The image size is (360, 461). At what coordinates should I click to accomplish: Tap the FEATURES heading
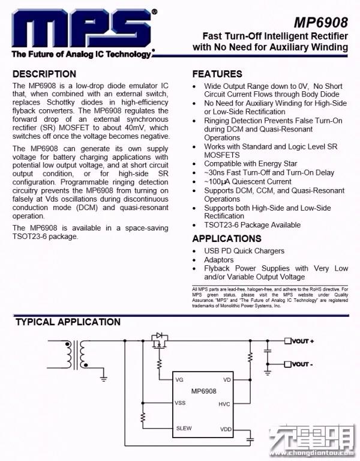coord(217,74)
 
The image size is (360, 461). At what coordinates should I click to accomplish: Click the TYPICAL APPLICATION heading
coord(68,322)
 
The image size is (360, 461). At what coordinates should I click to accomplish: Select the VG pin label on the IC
coord(179,380)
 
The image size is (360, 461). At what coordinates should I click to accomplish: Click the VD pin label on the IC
coord(227,380)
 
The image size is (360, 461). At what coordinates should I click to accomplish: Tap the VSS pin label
coord(180,402)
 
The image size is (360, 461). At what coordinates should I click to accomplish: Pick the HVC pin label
coord(224,404)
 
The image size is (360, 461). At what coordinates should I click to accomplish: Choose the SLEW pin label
coord(184,428)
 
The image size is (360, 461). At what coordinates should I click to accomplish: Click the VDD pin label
coord(225,430)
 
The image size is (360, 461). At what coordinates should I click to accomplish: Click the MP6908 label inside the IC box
coord(204,391)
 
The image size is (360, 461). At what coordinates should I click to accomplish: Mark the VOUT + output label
coord(302,341)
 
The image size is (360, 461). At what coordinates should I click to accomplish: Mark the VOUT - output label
coord(302,364)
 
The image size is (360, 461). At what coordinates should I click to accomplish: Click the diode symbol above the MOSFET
coord(160,336)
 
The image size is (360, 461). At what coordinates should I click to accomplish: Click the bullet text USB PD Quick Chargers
coord(244,251)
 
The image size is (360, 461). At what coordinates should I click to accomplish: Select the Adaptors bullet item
coord(219,260)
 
